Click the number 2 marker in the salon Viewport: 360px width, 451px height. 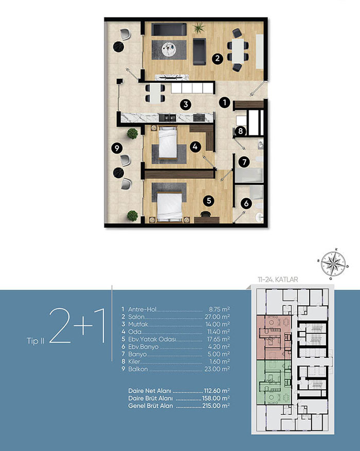(218, 59)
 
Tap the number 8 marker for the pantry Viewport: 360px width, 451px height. (241, 131)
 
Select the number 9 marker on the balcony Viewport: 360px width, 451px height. (117, 148)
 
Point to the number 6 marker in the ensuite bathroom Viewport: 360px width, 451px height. (246, 204)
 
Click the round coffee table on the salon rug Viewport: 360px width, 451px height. (169, 49)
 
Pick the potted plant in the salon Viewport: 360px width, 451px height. (199, 28)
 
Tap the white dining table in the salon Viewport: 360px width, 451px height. (238, 51)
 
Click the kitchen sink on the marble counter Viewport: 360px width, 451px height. (167, 117)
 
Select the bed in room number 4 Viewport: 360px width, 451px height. (168, 143)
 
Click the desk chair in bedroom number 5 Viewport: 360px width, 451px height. (206, 214)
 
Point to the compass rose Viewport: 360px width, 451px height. (333, 264)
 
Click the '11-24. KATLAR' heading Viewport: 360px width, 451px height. (278, 279)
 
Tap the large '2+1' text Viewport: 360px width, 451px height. (77, 325)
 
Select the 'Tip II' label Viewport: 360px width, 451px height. (35, 341)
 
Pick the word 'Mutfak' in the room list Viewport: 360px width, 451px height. (138, 324)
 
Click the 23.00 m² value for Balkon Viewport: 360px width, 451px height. (217, 369)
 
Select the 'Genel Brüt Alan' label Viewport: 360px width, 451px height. (151, 406)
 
